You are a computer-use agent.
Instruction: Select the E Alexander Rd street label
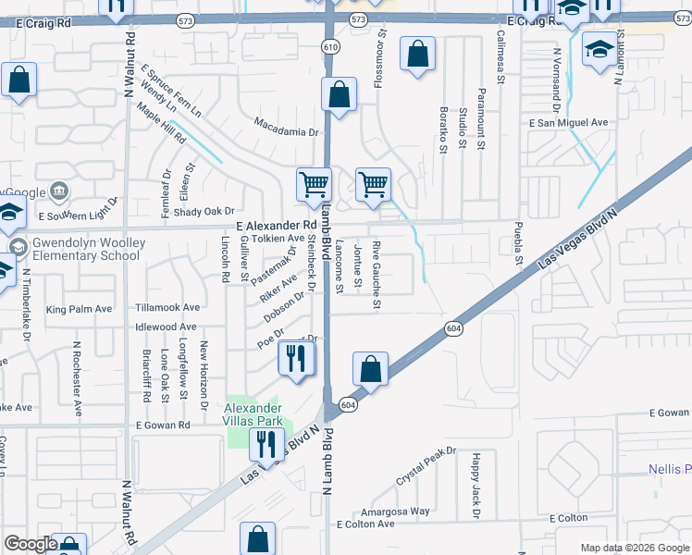tap(277, 225)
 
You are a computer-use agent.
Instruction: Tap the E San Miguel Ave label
tap(568, 122)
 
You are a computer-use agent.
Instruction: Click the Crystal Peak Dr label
tap(426, 466)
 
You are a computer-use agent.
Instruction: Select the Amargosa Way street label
tap(395, 511)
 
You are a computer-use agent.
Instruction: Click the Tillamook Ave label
tap(167, 307)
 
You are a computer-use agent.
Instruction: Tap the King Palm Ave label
tap(79, 309)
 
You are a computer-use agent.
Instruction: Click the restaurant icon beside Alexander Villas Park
tap(266, 445)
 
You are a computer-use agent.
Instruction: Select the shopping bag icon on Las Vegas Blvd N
tap(370, 369)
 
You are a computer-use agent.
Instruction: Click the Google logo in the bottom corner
tap(31, 544)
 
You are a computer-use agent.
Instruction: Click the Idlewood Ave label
tap(166, 327)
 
